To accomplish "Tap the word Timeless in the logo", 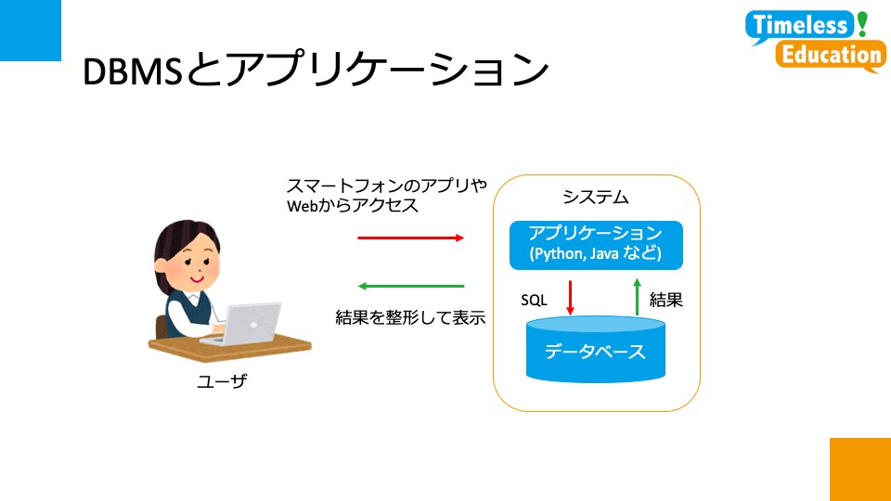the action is point(800,25).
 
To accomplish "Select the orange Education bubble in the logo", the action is point(831,56).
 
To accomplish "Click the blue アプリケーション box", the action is point(596,245).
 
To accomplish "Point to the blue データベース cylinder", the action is point(596,350).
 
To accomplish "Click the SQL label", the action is point(534,300).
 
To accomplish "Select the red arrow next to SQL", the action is point(570,298).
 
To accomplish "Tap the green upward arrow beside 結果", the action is point(637,297).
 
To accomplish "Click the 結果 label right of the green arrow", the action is point(666,300).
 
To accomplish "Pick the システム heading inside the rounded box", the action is point(596,197).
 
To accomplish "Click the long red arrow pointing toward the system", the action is point(411,238).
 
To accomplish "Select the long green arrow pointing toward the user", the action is point(411,286).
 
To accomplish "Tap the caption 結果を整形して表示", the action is point(410,317).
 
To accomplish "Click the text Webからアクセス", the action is point(353,205).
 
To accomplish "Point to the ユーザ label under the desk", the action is point(222,380).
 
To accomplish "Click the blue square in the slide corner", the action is point(30,30).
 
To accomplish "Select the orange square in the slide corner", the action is point(860,469).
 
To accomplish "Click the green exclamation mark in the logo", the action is point(862,24).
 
